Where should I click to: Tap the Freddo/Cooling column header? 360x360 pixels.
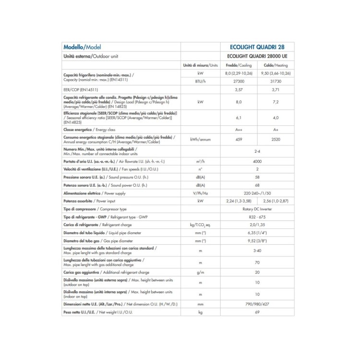239,65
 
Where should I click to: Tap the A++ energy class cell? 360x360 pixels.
239,130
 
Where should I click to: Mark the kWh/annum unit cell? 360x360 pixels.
200,139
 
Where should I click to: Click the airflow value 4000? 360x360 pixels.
257,161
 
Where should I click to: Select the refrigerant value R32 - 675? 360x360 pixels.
257,217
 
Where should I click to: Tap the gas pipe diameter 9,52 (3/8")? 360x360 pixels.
257,240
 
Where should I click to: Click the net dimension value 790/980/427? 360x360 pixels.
257,304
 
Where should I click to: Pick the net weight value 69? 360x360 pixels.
257,312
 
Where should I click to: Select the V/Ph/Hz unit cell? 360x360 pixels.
200,193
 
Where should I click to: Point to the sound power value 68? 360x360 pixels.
257,185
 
